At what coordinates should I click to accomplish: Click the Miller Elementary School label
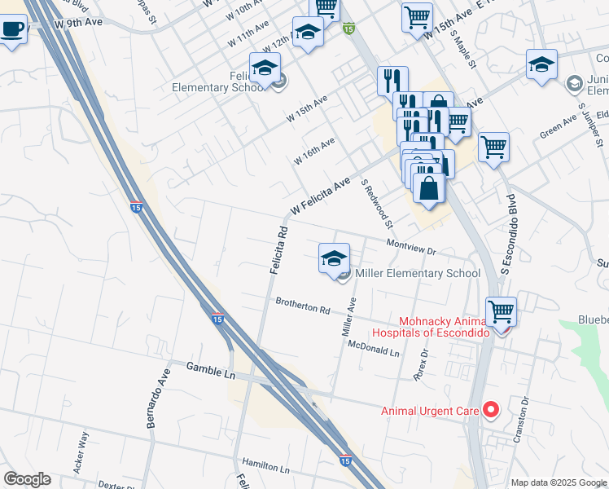point(418,273)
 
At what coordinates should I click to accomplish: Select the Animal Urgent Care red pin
point(490,410)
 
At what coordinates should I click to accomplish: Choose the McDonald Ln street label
point(374,349)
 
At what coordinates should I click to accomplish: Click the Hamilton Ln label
point(265,469)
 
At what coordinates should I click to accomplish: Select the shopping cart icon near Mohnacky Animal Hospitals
point(501,311)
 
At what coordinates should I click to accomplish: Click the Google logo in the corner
point(27,479)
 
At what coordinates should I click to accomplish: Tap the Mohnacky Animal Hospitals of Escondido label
point(432,326)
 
